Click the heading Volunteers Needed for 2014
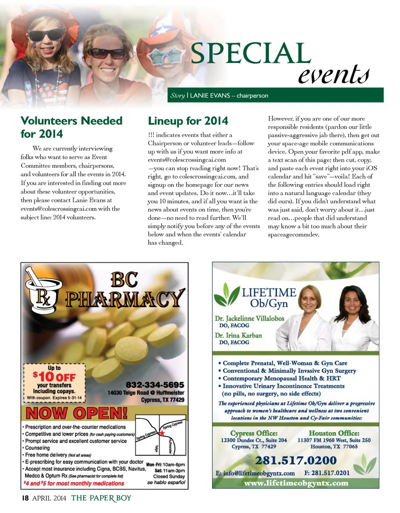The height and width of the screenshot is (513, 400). point(72,127)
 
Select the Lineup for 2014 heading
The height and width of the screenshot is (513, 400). point(188,121)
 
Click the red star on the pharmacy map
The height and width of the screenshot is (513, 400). point(162,433)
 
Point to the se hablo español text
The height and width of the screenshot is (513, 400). point(166,483)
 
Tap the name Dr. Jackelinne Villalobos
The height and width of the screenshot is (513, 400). point(250,319)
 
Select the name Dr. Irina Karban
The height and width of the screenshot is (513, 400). point(238,335)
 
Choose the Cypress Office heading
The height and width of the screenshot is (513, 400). point(254,433)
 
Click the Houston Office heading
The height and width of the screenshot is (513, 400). point(335,433)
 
